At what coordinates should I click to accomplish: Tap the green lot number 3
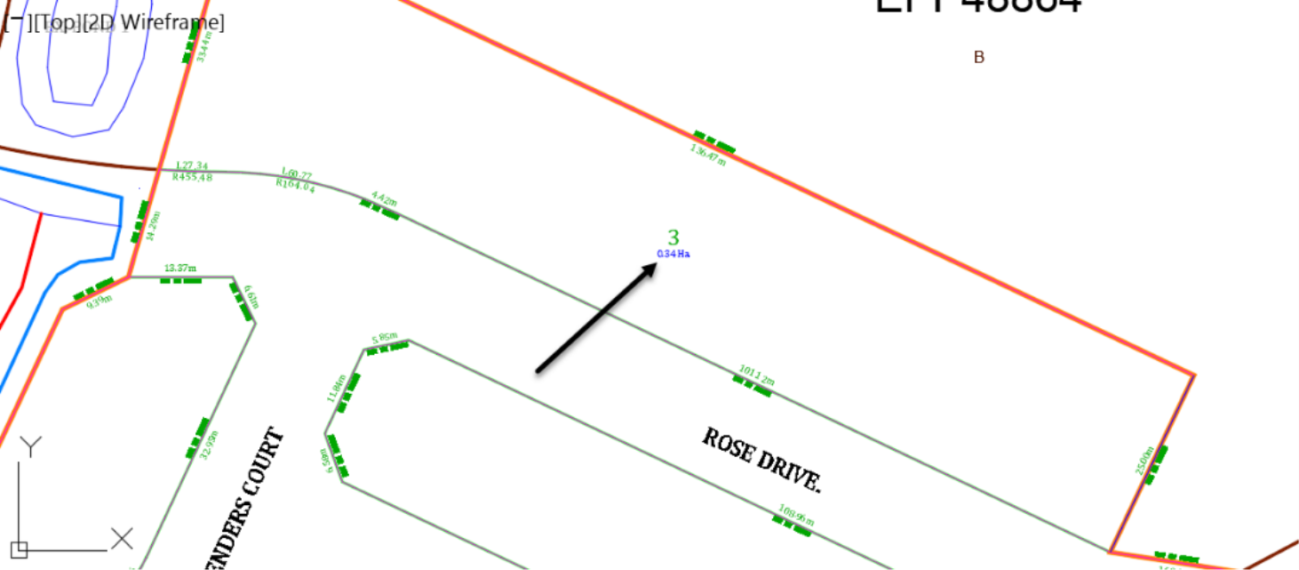coord(673,237)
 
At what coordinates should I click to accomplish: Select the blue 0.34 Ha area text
coord(673,254)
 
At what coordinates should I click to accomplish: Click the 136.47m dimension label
coord(708,155)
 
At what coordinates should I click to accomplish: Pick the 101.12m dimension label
coord(756,375)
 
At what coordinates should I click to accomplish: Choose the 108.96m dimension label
coord(796,516)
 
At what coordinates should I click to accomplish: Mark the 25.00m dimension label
coord(1146,461)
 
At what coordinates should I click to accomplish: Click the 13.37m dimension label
coord(180,268)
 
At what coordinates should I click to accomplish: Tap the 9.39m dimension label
coord(100,301)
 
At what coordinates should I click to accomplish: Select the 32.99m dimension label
coord(210,444)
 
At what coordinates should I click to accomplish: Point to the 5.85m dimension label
coord(385,338)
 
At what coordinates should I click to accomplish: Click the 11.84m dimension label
coord(336,389)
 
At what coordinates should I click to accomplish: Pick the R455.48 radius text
coord(192,177)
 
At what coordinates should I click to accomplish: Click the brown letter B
coord(979,58)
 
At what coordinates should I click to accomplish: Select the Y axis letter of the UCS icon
coord(31,446)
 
